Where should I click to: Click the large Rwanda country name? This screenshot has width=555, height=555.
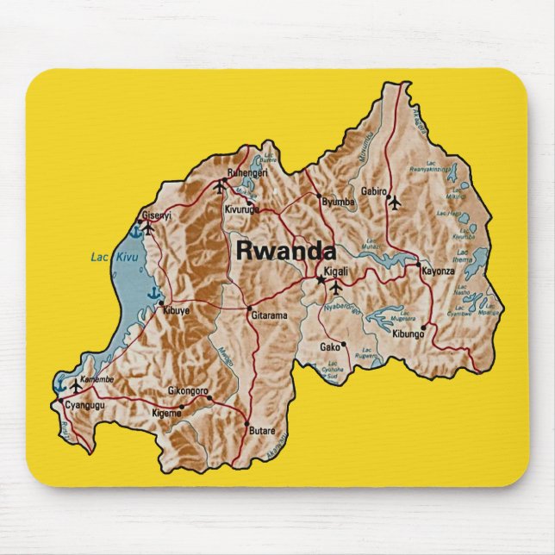pos(285,251)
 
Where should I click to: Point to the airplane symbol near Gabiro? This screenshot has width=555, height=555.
pos(395,203)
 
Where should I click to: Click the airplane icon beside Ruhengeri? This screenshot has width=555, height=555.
pos(218,185)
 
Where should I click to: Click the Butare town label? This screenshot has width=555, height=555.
pos(261,430)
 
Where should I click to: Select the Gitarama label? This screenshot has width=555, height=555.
pos(268,316)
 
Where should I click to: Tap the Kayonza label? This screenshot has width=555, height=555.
pos(437,271)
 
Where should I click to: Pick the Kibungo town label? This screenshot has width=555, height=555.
pos(408,333)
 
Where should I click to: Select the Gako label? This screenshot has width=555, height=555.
pos(330,346)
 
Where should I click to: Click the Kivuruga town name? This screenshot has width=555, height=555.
pos(242,209)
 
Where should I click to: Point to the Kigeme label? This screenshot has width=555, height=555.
pos(166,413)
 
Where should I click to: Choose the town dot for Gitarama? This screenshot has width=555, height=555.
pos(250,309)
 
